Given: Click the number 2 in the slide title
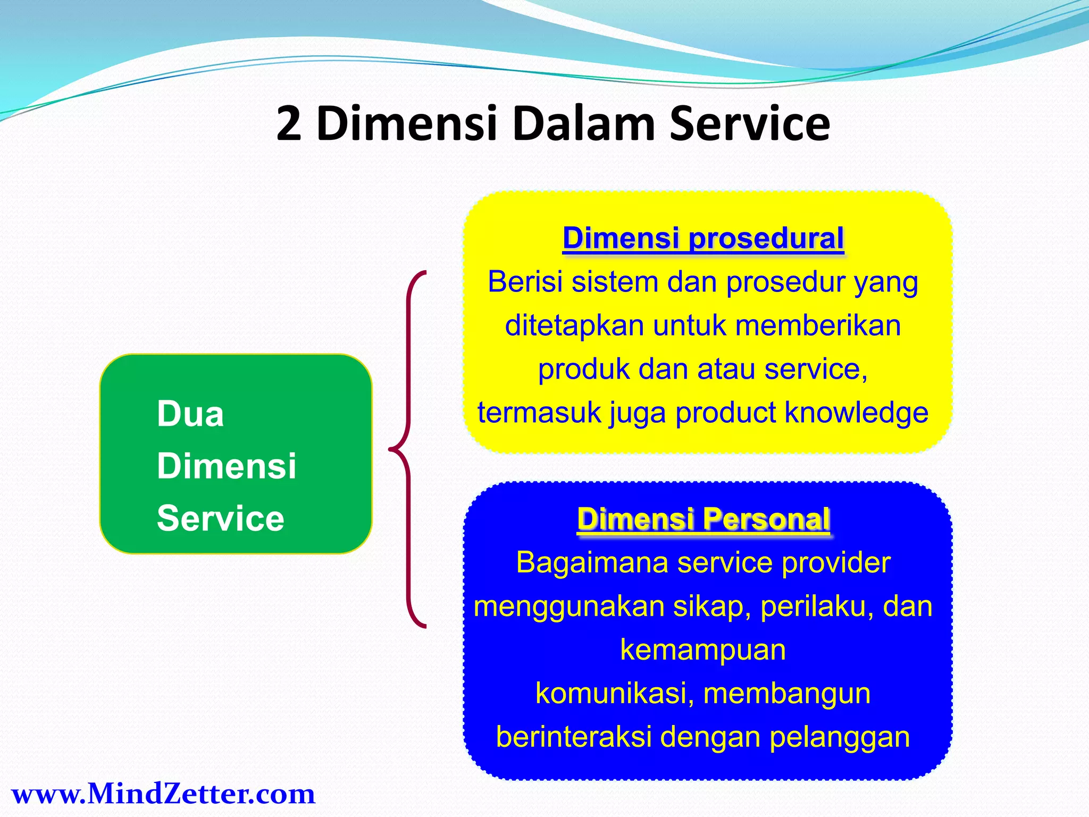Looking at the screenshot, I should pyautogui.click(x=289, y=124).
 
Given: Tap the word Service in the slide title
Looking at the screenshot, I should pyautogui.click(x=749, y=124).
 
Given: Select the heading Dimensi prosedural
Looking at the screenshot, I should pyautogui.click(x=703, y=238).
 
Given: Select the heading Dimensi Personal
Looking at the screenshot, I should pyautogui.click(x=703, y=519).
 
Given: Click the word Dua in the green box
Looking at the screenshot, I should pyautogui.click(x=190, y=414).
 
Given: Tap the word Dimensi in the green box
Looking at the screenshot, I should pyautogui.click(x=227, y=466).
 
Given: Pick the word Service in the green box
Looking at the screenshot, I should pyautogui.click(x=221, y=518).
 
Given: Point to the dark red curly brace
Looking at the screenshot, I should pyautogui.click(x=408, y=449).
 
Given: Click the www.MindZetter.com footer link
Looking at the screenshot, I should pyautogui.click(x=163, y=794).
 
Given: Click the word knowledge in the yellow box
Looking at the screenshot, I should pyautogui.click(x=856, y=413).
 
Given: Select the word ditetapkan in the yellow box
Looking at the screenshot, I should pyautogui.click(x=574, y=326).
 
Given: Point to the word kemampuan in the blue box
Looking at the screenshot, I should pyautogui.click(x=703, y=650).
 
